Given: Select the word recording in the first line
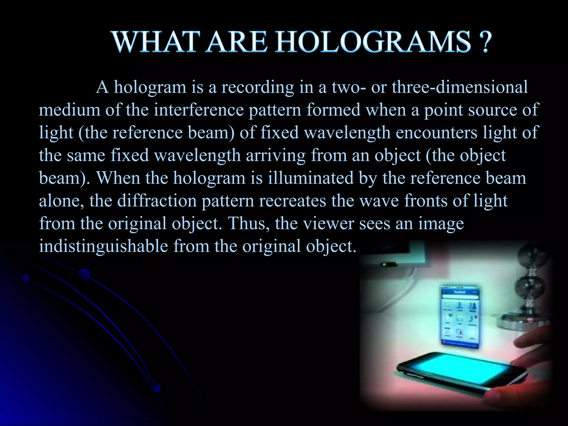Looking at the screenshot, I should [257, 87].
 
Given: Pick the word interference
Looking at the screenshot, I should [199, 110].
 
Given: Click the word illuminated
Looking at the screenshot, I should [311, 178].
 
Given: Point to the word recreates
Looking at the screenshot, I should [292, 201].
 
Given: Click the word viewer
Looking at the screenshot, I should [328, 223].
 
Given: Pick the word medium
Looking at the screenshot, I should [69, 110].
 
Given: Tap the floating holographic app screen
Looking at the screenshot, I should [460, 316].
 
